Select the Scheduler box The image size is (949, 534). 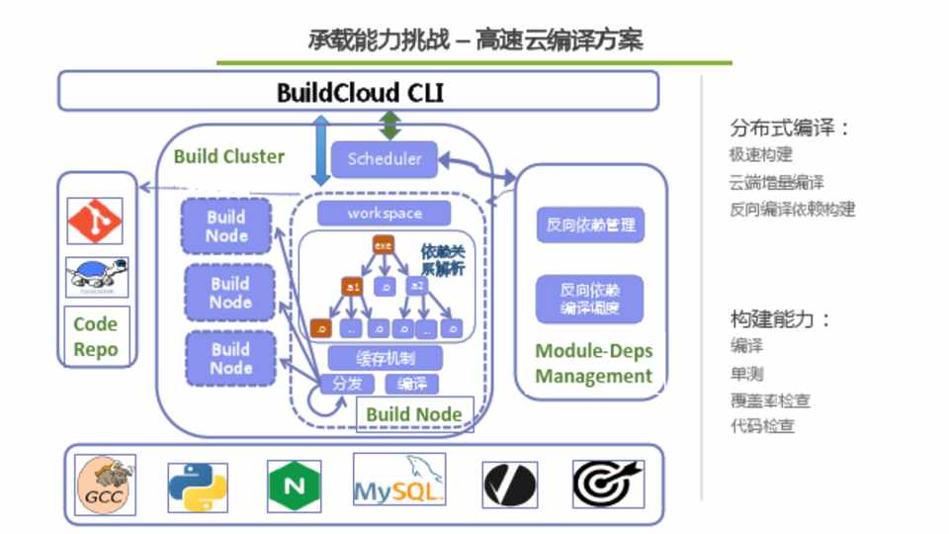tap(384, 159)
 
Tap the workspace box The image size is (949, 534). tap(384, 214)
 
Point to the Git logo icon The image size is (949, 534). tap(96, 221)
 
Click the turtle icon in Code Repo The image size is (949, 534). tap(96, 277)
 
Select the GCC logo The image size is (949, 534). tap(106, 486)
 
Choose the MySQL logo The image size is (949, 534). tap(398, 481)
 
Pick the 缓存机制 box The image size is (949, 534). tap(384, 358)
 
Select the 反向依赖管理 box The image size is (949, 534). tap(590, 224)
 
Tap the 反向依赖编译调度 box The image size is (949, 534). tap(590, 300)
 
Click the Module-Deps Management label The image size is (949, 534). tap(593, 363)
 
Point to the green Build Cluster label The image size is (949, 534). tap(229, 156)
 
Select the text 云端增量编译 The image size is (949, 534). tap(777, 182)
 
